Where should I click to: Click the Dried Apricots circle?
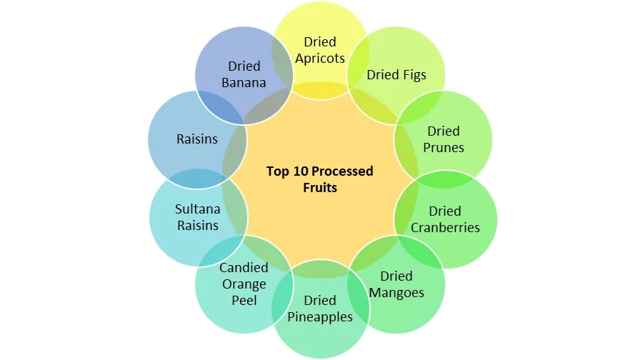[x=319, y=43]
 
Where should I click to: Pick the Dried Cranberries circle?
[x=445, y=219]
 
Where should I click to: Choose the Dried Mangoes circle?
[x=397, y=284]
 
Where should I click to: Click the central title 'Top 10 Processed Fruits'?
[x=320, y=179]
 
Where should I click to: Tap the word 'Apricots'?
[x=320, y=59]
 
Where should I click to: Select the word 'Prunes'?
[x=444, y=148]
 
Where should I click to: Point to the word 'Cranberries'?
[x=445, y=228]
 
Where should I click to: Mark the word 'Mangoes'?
[x=397, y=293]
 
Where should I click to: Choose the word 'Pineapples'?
[x=320, y=316]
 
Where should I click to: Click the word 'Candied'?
[x=244, y=268]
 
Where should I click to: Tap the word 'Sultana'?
[x=197, y=209]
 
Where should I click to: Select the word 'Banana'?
[x=244, y=82]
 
